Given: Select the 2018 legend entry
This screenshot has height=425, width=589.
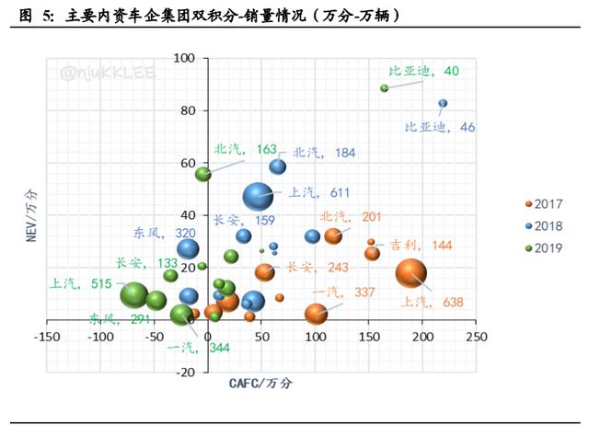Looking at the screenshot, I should click(542, 225).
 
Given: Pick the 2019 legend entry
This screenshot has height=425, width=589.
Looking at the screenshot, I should click(542, 247).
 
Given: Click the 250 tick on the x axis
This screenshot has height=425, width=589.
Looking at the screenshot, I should click(476, 337).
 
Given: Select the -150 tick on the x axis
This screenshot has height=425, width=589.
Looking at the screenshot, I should click(45, 337).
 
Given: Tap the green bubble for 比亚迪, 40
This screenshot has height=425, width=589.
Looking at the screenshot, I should click(385, 88).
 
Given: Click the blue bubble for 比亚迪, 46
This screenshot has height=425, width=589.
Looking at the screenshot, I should click(443, 103).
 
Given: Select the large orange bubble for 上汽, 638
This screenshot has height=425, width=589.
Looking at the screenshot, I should click(411, 273).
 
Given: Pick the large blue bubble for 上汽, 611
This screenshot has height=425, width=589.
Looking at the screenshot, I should click(258, 196).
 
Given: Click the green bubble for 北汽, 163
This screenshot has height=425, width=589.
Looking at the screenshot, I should click(203, 173).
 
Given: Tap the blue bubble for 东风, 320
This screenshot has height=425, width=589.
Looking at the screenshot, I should click(188, 247).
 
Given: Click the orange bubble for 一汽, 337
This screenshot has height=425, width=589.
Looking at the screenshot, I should click(316, 313).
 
